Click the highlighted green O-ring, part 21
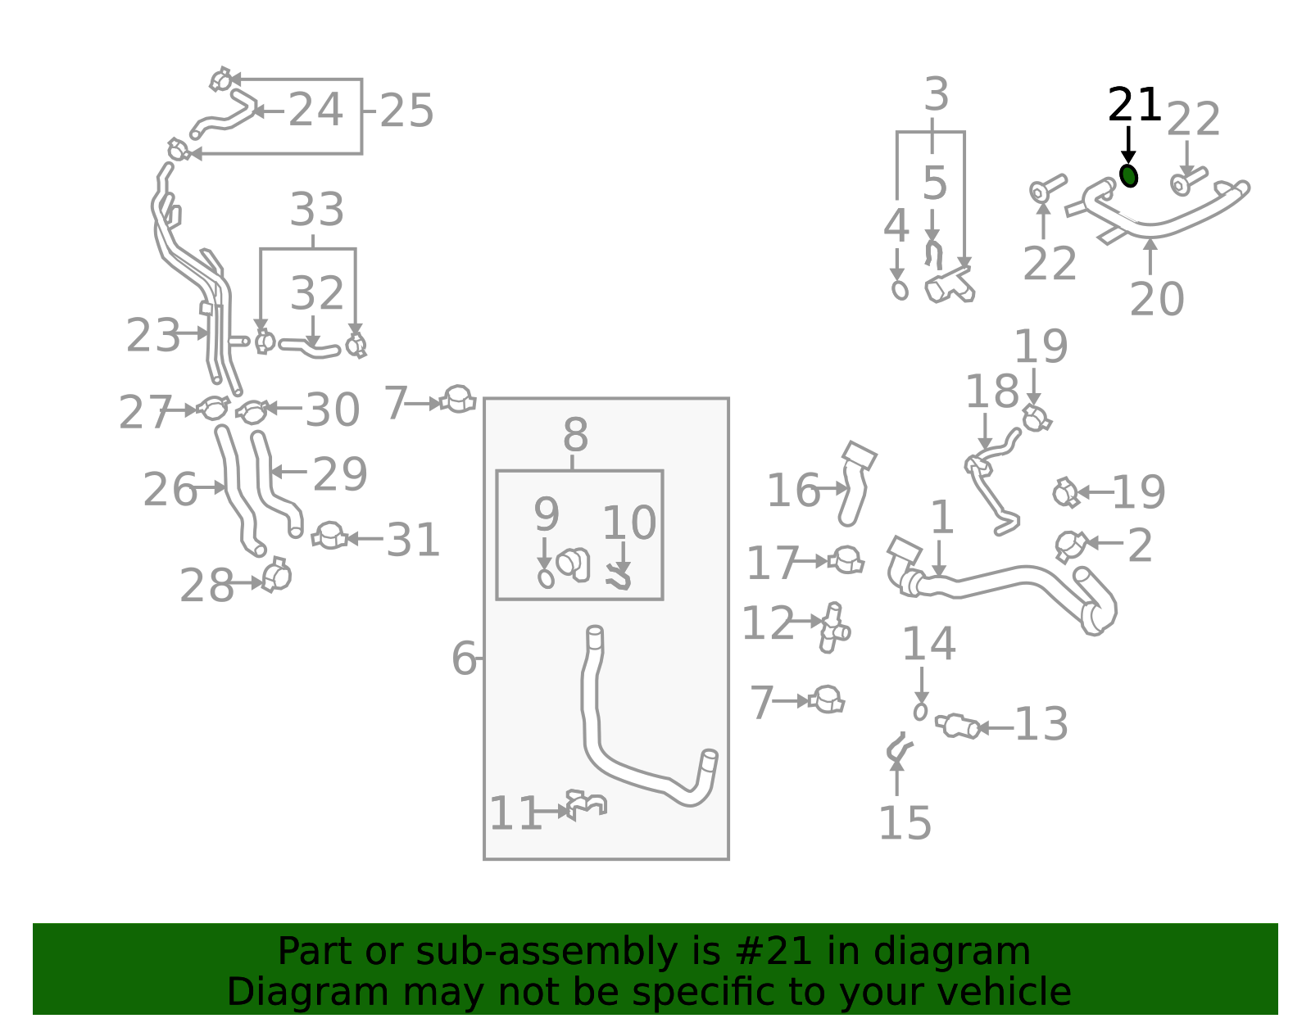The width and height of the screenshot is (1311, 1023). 1128,175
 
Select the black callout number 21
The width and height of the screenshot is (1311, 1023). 1134,106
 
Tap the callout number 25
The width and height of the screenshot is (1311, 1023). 406,111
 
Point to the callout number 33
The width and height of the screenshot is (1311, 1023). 317,210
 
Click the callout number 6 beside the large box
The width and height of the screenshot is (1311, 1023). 464,659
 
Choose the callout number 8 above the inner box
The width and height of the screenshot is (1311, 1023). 575,436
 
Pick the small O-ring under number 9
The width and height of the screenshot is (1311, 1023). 546,578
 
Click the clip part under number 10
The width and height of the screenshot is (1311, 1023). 618,578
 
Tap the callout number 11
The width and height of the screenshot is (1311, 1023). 515,814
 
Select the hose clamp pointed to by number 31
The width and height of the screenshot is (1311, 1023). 329,536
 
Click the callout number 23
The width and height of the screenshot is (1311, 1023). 152,336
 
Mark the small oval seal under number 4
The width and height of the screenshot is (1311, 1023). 900,290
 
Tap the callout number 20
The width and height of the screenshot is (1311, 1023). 1156,299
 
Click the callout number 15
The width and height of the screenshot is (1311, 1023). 905,823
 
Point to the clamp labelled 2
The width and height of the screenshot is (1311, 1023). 1069,545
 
